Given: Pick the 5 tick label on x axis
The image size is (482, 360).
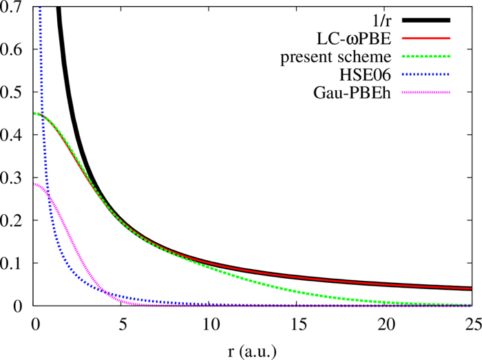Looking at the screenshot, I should (122, 322).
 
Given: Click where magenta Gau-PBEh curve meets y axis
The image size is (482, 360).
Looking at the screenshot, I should (34, 184).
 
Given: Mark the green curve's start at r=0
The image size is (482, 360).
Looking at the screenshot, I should (34, 114).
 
